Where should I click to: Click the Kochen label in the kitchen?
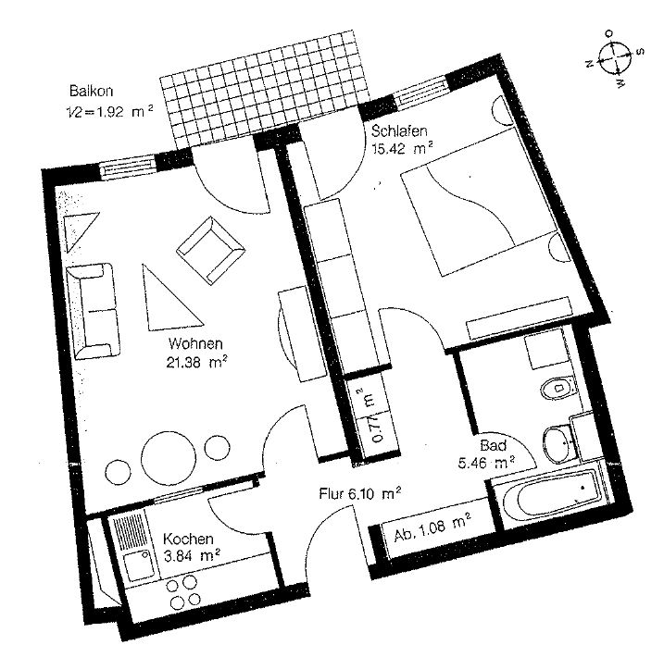pos(190,540)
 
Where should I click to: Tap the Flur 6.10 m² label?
pos(359,495)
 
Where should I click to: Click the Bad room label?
pos(493,445)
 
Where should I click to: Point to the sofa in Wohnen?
pos(94,310)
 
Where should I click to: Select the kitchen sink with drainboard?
pos(132,546)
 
